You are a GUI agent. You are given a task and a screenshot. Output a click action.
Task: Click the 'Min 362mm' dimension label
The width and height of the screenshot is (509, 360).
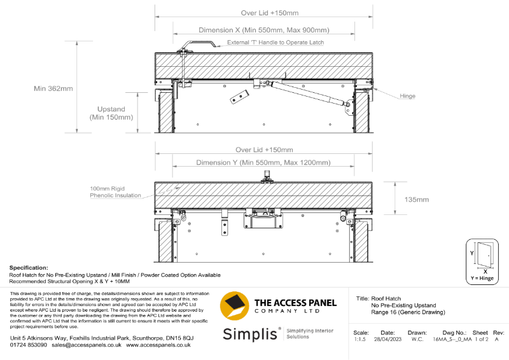(54, 88)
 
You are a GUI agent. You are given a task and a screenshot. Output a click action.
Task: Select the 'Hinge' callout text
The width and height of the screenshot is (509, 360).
(407, 96)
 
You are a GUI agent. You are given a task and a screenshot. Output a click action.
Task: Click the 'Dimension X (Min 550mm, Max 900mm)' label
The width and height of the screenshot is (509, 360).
(263, 30)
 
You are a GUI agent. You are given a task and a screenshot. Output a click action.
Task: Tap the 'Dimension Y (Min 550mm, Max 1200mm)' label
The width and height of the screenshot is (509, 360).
(264, 163)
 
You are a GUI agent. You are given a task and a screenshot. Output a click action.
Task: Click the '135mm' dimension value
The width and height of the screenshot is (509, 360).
(416, 199)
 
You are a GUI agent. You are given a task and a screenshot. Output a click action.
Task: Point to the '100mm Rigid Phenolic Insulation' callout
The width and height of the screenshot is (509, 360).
(115, 192)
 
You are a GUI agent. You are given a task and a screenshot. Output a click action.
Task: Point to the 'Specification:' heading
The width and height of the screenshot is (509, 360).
(29, 268)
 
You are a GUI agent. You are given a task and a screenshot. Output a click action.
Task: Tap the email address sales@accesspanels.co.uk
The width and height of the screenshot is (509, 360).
(87, 344)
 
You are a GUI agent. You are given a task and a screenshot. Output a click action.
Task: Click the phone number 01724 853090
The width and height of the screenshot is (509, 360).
(28, 344)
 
